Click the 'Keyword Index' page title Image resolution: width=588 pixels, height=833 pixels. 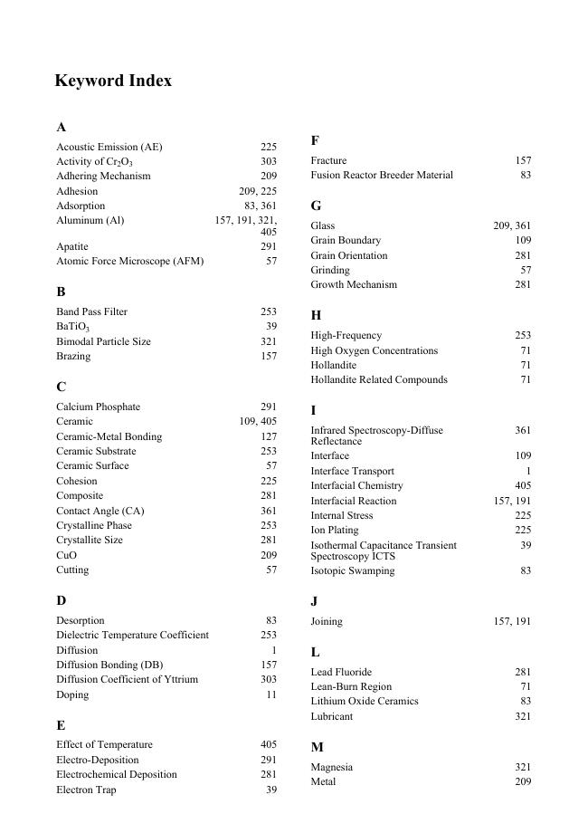(113, 81)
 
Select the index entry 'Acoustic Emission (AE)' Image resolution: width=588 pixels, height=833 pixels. (109, 147)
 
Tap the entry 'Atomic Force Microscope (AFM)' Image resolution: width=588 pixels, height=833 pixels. (129, 261)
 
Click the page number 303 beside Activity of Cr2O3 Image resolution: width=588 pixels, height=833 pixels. (269, 161)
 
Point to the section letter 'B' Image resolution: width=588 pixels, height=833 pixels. (61, 292)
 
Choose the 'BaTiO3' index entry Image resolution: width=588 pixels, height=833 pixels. (72, 327)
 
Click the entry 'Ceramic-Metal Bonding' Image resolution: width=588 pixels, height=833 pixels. (109, 436)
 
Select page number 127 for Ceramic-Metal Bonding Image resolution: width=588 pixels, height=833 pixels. (269, 436)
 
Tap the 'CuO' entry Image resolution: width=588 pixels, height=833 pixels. (66, 555)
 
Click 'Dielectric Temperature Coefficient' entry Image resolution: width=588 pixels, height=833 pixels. (132, 635)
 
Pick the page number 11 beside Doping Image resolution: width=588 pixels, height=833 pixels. (271, 694)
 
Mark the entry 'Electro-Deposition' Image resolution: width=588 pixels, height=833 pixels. (98, 760)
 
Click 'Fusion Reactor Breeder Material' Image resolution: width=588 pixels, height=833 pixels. (382, 175)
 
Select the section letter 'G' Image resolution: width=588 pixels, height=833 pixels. (316, 206)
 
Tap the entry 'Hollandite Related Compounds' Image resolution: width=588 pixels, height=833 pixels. (379, 379)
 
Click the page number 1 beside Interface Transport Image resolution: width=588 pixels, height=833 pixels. (528, 471)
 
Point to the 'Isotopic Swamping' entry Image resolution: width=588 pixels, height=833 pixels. (353, 571)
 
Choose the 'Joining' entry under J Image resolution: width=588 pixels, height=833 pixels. (327, 621)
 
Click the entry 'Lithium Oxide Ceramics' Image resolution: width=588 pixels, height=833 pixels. (365, 701)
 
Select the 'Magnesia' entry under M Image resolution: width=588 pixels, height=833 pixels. (332, 767)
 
